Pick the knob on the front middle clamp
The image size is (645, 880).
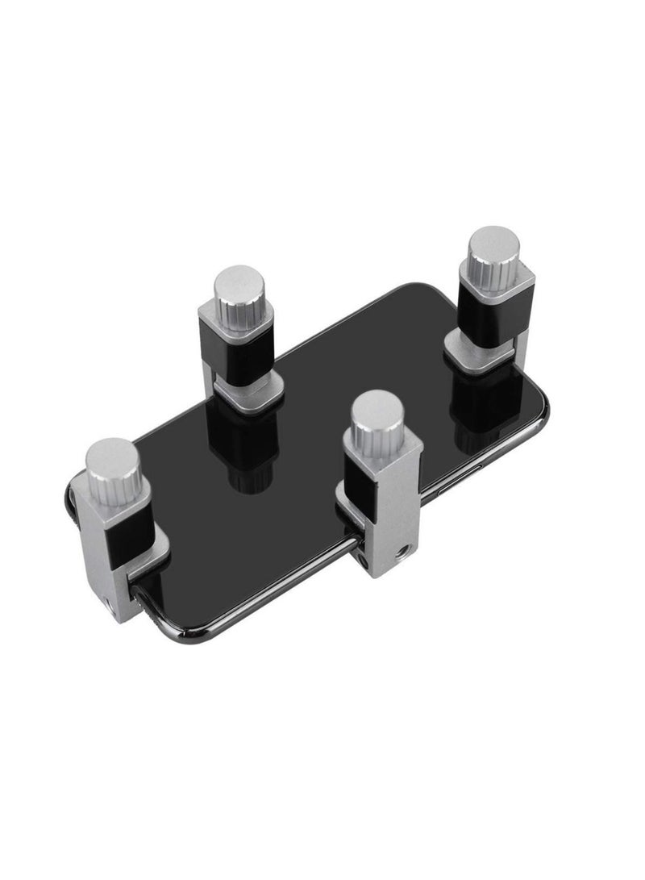(377, 417)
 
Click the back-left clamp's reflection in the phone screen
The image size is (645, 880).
(247, 452)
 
